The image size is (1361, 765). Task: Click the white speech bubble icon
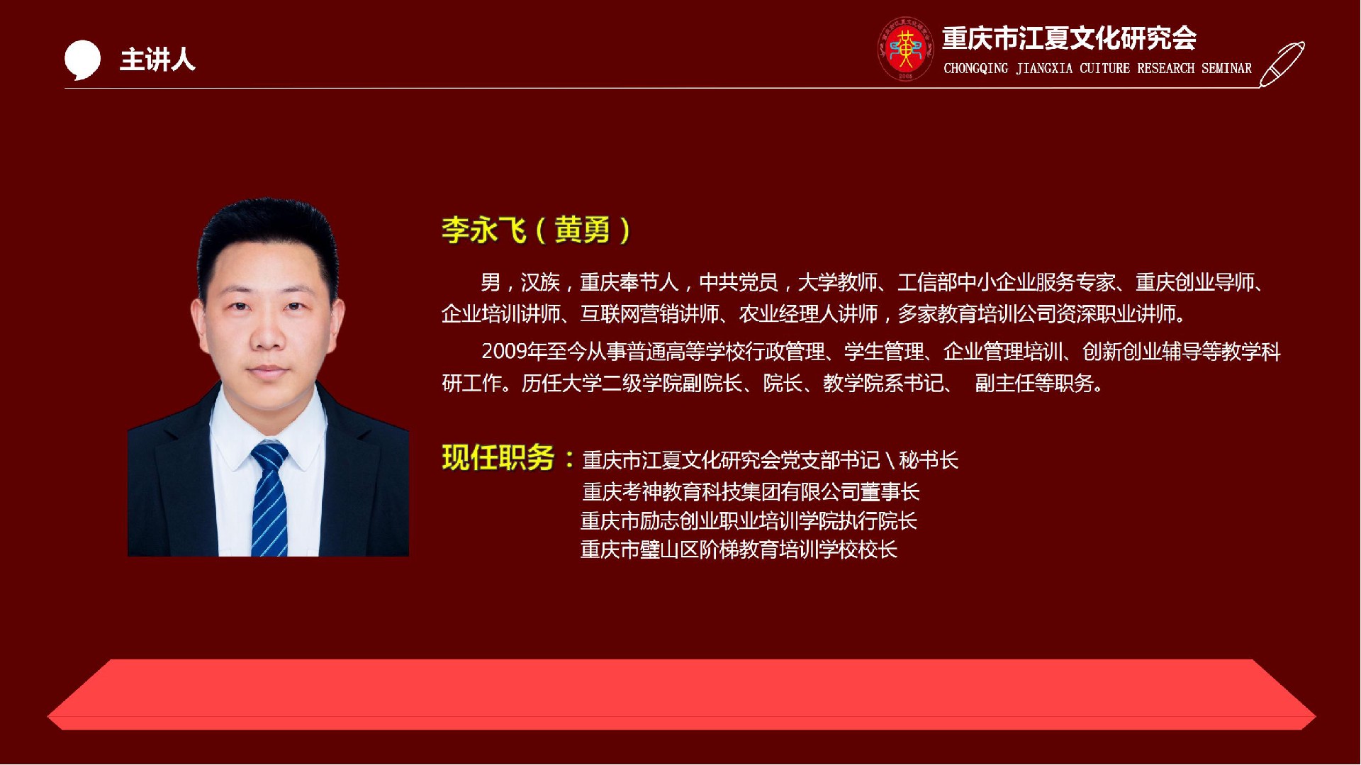click(82, 60)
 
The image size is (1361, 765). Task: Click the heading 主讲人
click(157, 60)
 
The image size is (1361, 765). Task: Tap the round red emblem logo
click(905, 49)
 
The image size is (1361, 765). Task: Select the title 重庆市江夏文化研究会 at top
click(1069, 38)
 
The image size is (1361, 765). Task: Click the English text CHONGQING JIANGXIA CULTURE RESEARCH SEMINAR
click(1097, 69)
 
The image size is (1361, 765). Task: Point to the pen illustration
click(1282, 64)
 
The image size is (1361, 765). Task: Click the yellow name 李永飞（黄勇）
click(536, 230)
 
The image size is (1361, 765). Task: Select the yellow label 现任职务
click(498, 458)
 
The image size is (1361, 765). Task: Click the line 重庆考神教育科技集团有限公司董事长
click(751, 492)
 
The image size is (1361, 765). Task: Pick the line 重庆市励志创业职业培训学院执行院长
click(749, 521)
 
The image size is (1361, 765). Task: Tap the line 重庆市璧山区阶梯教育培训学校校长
click(739, 549)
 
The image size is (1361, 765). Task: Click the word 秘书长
click(929, 461)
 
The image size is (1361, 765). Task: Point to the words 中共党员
click(739, 283)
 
